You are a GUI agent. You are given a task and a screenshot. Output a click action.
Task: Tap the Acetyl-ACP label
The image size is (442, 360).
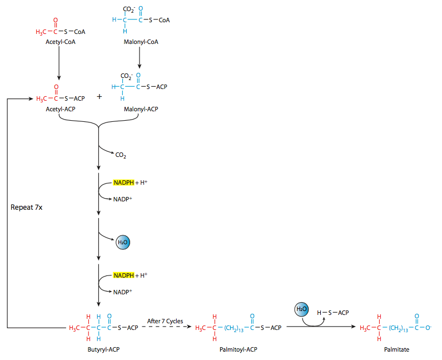click(x=61, y=109)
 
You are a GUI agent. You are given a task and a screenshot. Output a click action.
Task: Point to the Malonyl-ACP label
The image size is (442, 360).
click(x=140, y=109)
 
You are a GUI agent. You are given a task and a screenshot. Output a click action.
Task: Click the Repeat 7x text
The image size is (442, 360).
click(x=27, y=207)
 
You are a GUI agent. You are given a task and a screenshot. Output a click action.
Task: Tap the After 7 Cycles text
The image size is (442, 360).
click(x=165, y=320)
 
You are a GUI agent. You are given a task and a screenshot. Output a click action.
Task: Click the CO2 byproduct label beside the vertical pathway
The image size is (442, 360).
click(x=121, y=155)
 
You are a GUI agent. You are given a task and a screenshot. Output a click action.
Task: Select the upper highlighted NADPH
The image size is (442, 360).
click(x=123, y=183)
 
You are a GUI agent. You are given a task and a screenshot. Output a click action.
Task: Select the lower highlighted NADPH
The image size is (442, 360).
click(x=123, y=275)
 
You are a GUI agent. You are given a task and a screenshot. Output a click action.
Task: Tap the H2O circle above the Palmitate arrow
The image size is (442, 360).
click(x=301, y=309)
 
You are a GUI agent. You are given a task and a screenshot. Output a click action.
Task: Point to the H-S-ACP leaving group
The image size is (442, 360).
click(x=332, y=313)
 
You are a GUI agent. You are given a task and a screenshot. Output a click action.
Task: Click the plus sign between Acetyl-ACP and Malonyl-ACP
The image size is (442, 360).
click(x=100, y=96)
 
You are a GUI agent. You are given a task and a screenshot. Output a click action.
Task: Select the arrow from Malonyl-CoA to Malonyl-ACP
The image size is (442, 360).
click(x=138, y=58)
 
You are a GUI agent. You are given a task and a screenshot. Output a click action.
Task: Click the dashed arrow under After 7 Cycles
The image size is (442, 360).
click(x=165, y=328)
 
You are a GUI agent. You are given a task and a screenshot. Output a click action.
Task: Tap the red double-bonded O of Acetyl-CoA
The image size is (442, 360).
click(x=56, y=21)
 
